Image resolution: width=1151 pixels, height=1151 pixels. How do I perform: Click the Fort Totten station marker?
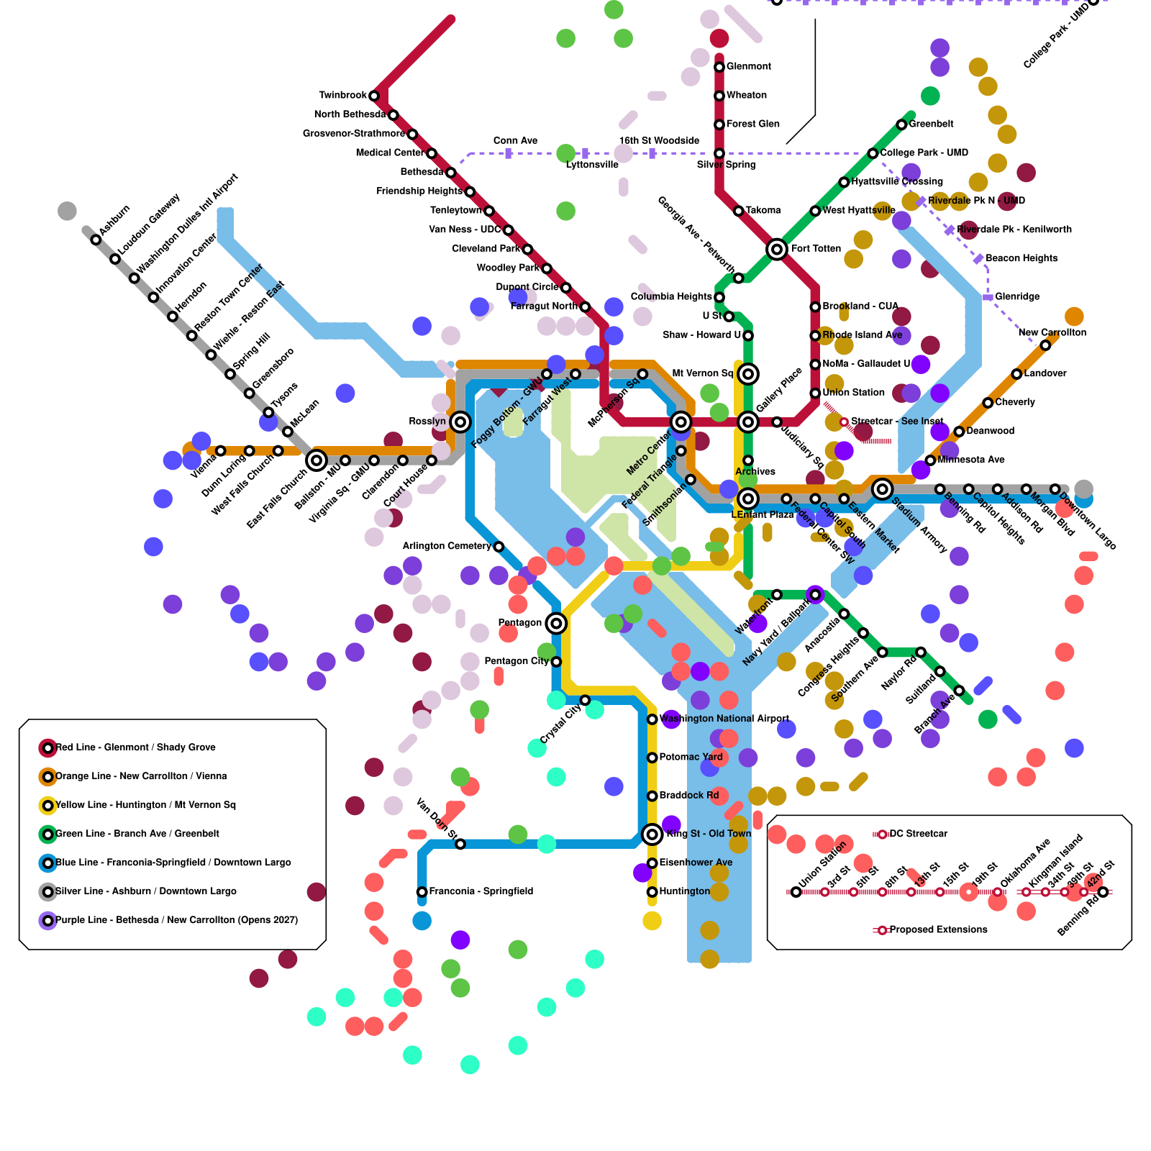[776, 249]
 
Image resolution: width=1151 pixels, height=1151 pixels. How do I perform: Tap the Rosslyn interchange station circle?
[460, 422]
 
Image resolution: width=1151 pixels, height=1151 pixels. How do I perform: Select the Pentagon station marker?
[556, 623]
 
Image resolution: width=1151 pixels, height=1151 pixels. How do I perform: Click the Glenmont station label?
[748, 67]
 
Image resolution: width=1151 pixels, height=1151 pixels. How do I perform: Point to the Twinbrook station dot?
[374, 96]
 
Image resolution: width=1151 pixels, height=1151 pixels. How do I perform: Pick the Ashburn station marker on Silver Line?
[96, 240]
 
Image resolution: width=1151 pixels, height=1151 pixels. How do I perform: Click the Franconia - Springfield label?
[481, 891]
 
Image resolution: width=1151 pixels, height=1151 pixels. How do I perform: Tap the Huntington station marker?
[652, 892]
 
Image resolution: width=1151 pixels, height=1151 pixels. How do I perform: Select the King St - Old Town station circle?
[652, 834]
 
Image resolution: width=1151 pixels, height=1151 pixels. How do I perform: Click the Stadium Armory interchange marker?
[882, 489]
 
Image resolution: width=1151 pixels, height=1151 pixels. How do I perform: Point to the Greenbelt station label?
[931, 124]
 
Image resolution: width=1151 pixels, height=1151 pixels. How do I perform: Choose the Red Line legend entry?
[135, 747]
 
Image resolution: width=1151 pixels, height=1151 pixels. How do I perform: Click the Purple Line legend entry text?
[176, 920]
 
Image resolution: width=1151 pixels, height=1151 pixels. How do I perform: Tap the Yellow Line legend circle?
[47, 806]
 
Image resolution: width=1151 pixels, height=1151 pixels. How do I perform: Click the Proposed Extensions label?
[938, 930]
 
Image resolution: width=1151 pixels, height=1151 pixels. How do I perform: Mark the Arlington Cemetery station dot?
[499, 547]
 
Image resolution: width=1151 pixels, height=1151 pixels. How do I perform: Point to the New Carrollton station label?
[1052, 332]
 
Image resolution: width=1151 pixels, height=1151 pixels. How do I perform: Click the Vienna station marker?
[220, 451]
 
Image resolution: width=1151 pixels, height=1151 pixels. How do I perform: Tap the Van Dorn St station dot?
[460, 844]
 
